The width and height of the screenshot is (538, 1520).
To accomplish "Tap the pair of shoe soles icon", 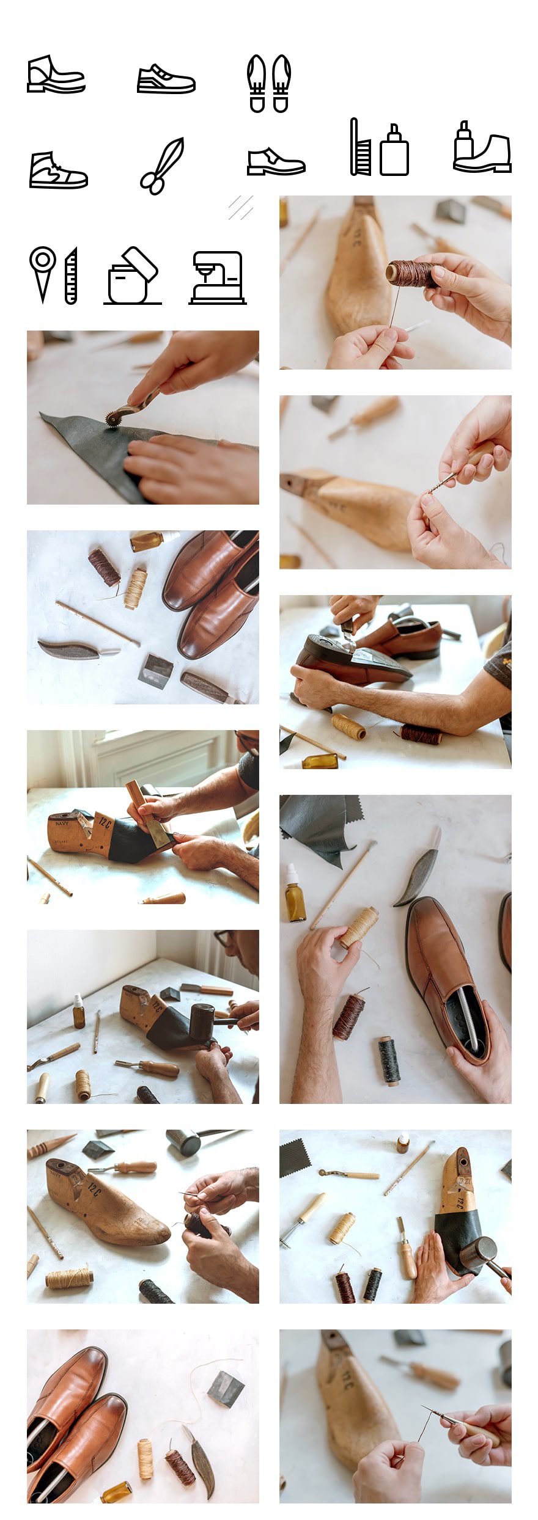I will [x=268, y=83].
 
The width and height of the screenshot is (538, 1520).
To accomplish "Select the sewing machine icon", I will [x=218, y=278].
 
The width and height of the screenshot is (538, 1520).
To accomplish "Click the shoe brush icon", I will [x=360, y=147].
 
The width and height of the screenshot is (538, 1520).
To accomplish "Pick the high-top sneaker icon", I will [x=58, y=171].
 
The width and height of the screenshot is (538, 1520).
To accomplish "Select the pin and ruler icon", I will [x=54, y=276].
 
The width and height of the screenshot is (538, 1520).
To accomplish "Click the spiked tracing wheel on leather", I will [x=114, y=418].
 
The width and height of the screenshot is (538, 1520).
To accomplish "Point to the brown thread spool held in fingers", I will [x=411, y=274].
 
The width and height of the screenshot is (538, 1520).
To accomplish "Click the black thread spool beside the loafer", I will [x=388, y=1061].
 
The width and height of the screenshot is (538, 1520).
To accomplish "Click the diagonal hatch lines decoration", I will [x=241, y=208].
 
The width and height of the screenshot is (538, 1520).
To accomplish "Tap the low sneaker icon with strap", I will [x=166, y=79].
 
